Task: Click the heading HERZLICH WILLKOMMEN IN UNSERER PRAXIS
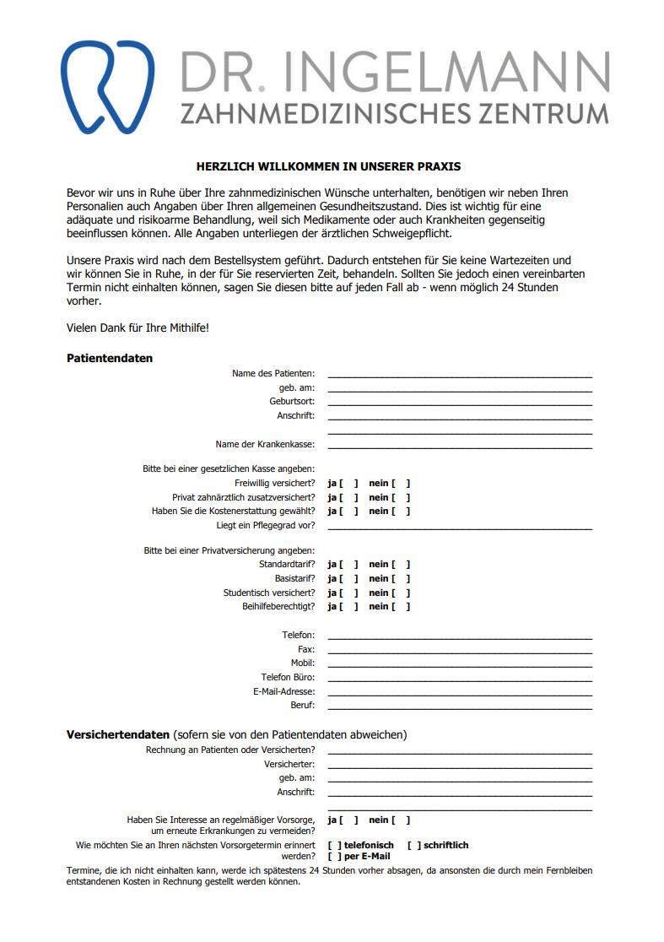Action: click(x=329, y=167)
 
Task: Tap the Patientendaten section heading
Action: click(x=110, y=358)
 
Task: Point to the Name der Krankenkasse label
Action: click(x=265, y=444)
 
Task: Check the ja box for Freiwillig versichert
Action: click(x=348, y=484)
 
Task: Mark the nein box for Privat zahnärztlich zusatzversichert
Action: click(x=401, y=498)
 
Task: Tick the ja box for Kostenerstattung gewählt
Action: click(x=348, y=512)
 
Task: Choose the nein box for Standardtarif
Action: click(x=401, y=565)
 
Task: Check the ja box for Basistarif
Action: click(x=348, y=579)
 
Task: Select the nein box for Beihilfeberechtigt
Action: click(x=401, y=607)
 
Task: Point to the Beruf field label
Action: click(x=302, y=705)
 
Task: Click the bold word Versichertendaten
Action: click(x=118, y=734)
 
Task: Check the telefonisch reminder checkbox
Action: click(x=335, y=845)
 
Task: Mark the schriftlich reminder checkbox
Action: click(x=414, y=845)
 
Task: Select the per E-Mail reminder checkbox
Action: click(x=335, y=856)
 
